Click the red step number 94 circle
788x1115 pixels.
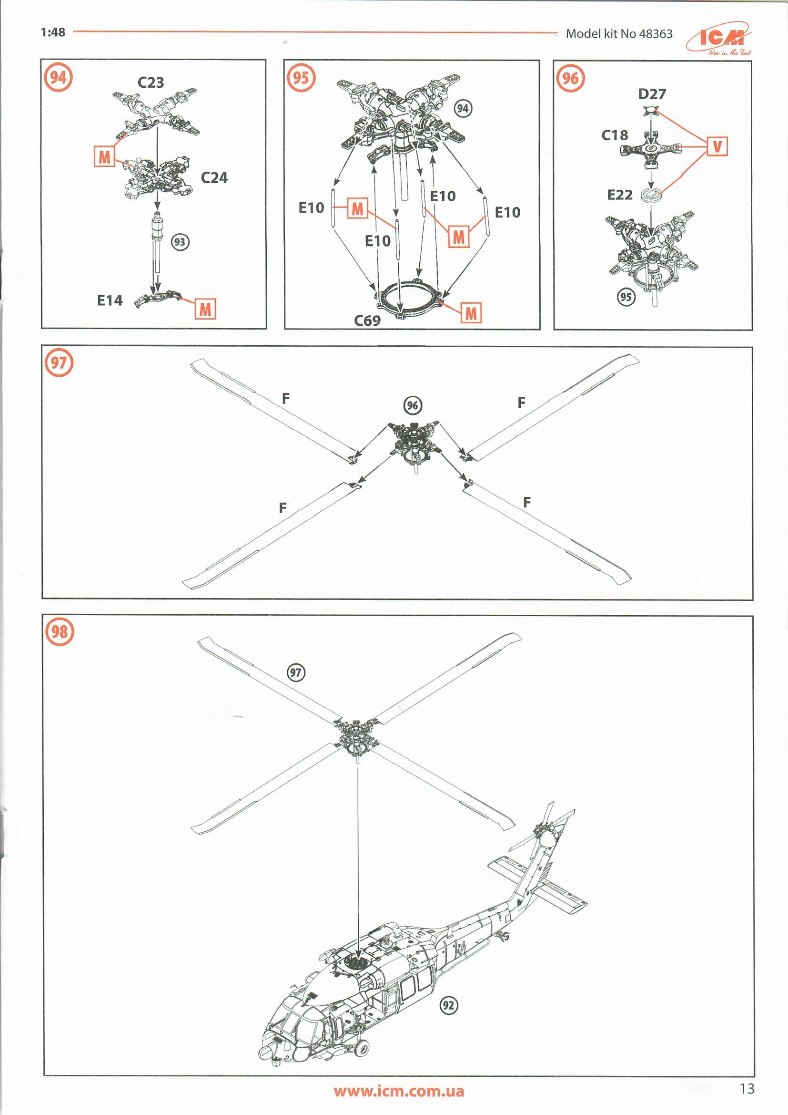(x=58, y=77)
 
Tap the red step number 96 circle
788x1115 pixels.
(x=571, y=78)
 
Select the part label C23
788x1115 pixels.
(x=151, y=83)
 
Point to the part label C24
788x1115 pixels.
(x=214, y=178)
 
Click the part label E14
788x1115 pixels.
(x=110, y=300)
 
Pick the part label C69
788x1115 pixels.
(x=367, y=320)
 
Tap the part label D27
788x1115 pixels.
(x=652, y=94)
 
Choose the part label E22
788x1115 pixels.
(x=620, y=195)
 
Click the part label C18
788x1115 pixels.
(x=615, y=135)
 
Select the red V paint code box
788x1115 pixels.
(x=717, y=146)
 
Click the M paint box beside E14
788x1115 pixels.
(x=205, y=309)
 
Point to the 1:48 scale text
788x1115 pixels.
(x=53, y=32)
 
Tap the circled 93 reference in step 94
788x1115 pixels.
(x=180, y=242)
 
